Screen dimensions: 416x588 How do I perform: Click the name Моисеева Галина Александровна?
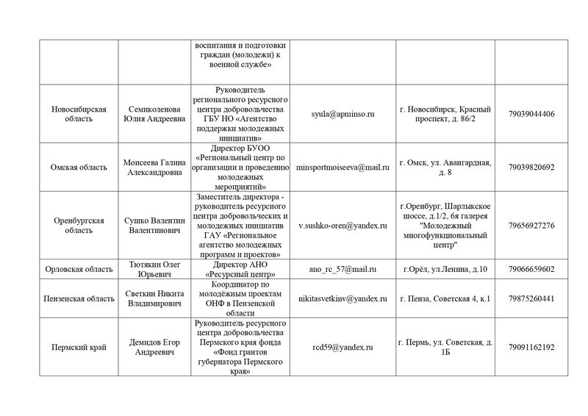pyautogui.click(x=154, y=167)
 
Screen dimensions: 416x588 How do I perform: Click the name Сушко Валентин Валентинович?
pyautogui.click(x=154, y=225)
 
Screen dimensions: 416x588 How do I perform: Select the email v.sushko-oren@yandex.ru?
pyautogui.click(x=343, y=225)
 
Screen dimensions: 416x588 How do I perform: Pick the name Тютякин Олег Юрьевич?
pyautogui.click(x=154, y=269)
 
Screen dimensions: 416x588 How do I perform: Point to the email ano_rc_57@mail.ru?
pyautogui.click(x=343, y=269)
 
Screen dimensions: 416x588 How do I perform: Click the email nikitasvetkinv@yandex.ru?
pyautogui.click(x=343, y=299)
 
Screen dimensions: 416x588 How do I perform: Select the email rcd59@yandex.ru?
pyautogui.click(x=343, y=347)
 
